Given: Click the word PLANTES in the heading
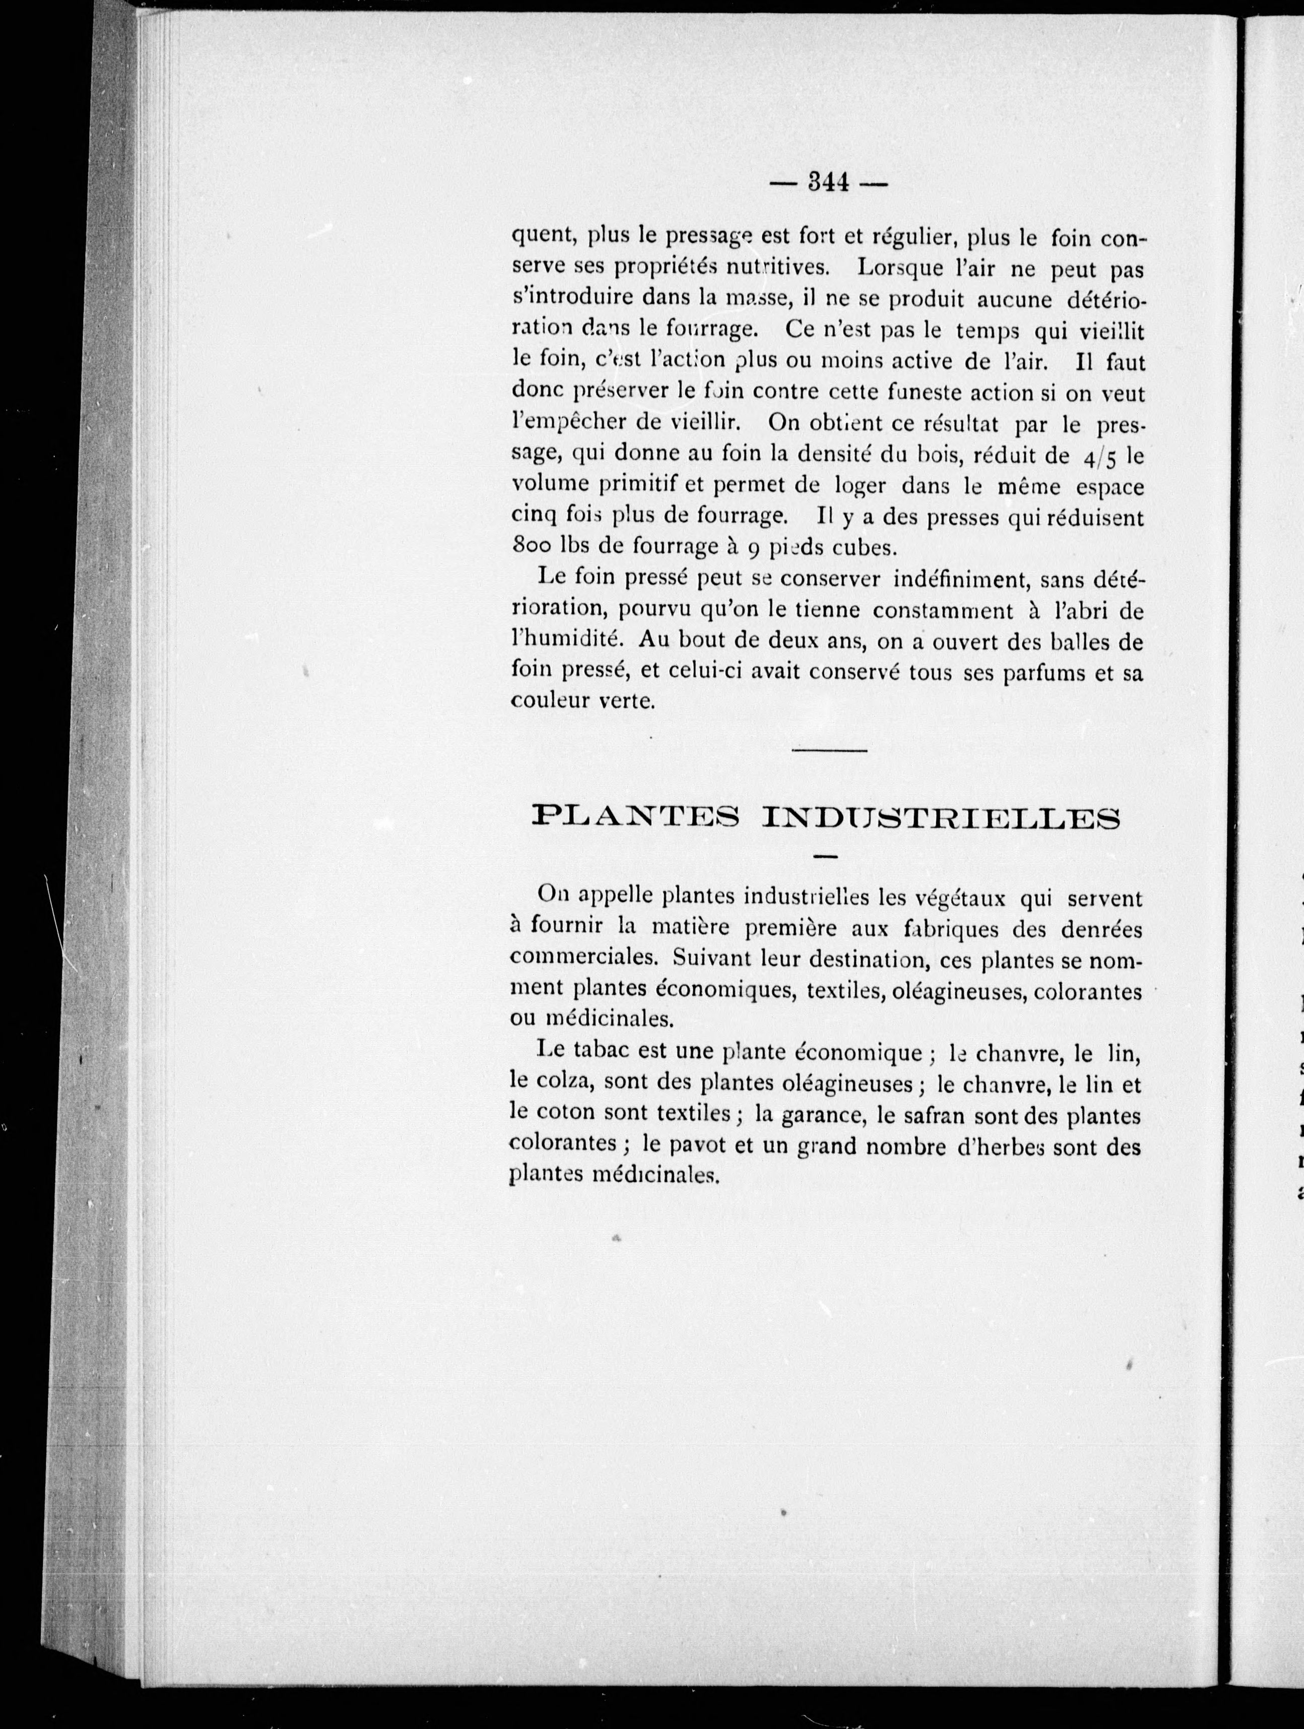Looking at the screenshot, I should click(635, 818).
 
